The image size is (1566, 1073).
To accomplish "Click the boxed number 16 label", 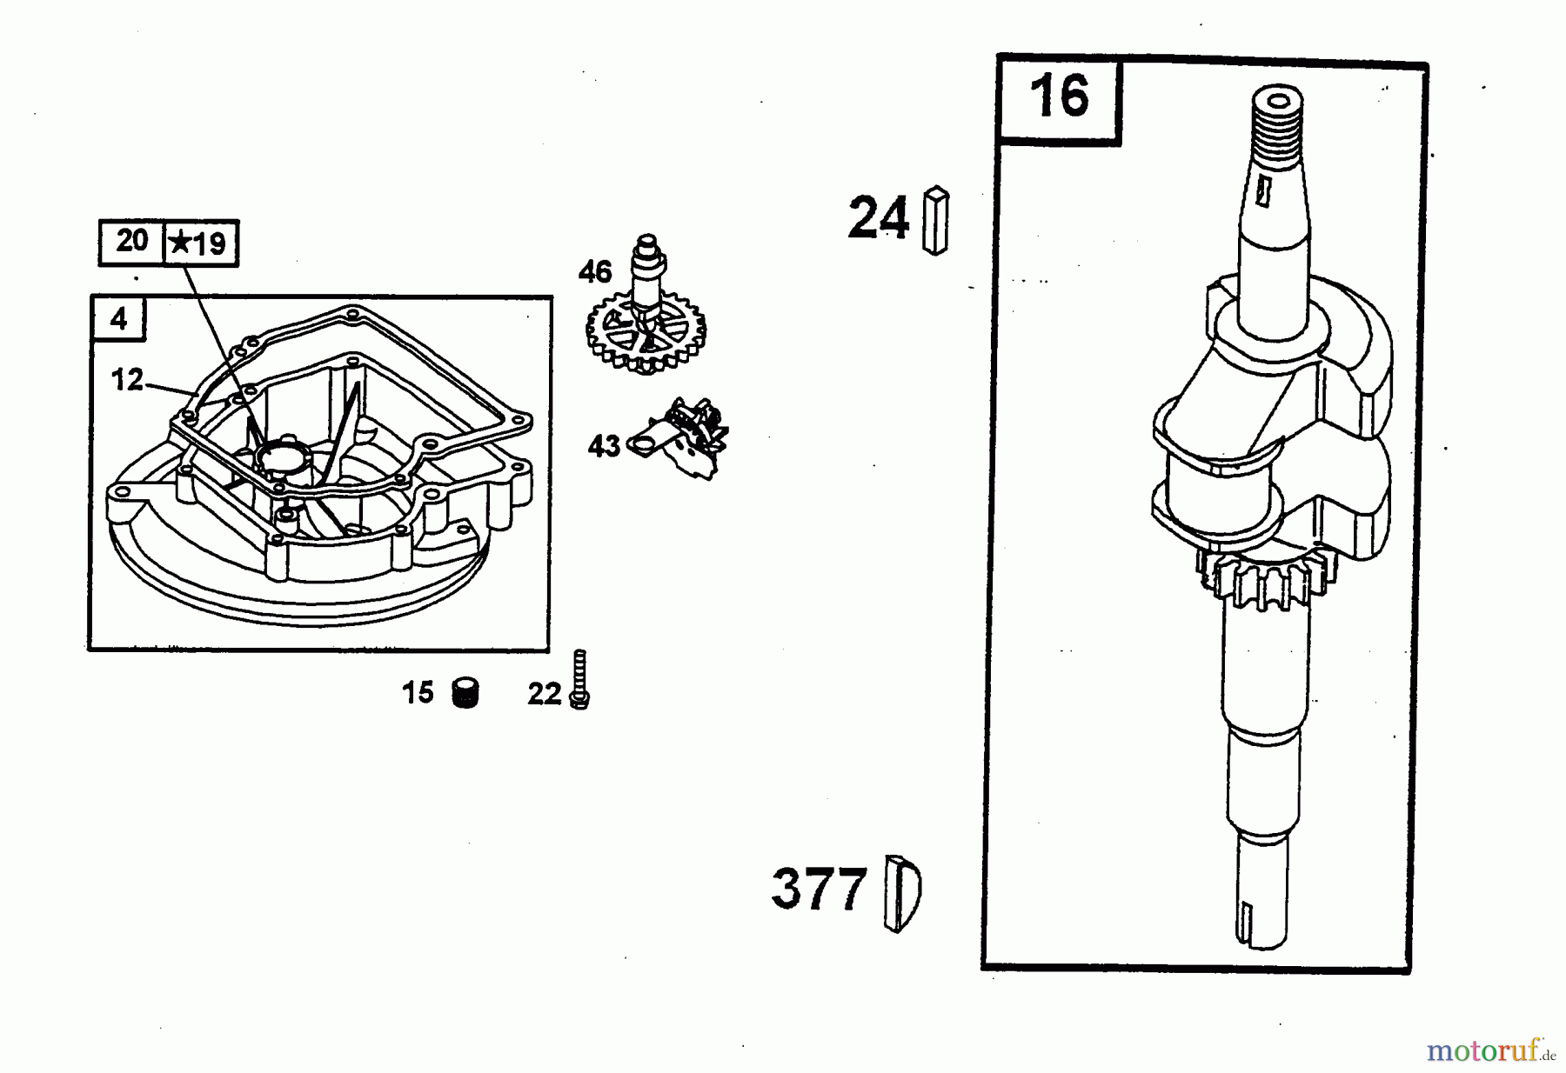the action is click(x=1059, y=97).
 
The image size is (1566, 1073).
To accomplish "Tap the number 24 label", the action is click(x=878, y=217).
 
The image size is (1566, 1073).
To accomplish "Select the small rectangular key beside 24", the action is click(x=936, y=220).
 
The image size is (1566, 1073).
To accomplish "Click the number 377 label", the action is click(x=820, y=889).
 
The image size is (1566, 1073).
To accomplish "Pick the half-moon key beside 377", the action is click(x=901, y=893).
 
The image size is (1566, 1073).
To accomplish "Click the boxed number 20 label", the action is click(x=132, y=241).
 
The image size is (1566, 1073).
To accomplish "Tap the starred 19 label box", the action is click(x=201, y=243).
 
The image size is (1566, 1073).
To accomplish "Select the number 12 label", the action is click(x=127, y=379).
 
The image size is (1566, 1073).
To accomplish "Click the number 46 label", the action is click(x=595, y=272).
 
